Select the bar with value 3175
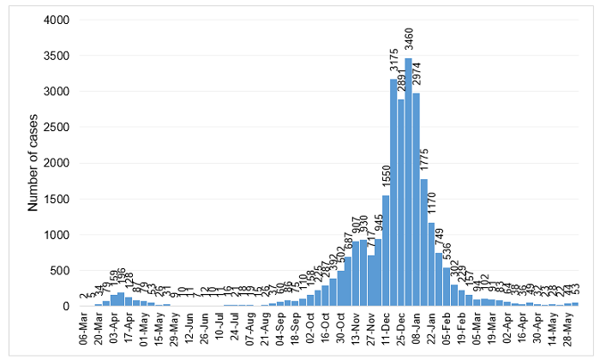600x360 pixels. click(x=393, y=193)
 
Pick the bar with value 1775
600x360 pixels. click(x=423, y=244)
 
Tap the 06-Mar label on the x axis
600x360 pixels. click(x=84, y=330)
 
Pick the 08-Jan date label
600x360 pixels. click(x=416, y=330)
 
